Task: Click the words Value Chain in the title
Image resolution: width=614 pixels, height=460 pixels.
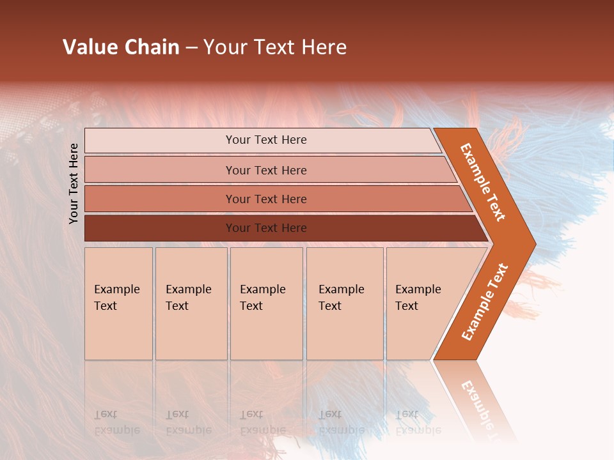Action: [121, 47]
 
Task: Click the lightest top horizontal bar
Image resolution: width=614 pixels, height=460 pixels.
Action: [160, 141]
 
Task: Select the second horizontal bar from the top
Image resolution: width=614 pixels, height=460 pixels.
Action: [160, 170]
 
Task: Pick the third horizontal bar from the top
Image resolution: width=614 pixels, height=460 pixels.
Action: [160, 199]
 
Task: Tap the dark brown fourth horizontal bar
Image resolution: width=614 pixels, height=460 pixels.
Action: [160, 228]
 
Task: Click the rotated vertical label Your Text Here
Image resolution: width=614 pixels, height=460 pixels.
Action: [74, 183]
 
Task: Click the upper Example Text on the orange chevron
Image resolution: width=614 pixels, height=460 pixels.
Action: [483, 182]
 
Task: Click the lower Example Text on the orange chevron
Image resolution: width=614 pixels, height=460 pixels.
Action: [485, 302]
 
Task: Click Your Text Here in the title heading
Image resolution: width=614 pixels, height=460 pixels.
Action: [275, 47]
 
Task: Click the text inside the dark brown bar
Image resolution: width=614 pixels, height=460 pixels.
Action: [266, 228]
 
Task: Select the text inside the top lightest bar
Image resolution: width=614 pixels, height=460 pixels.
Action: [266, 140]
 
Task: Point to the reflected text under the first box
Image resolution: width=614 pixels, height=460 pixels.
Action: [116, 422]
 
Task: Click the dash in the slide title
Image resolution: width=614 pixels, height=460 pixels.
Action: [191, 47]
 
